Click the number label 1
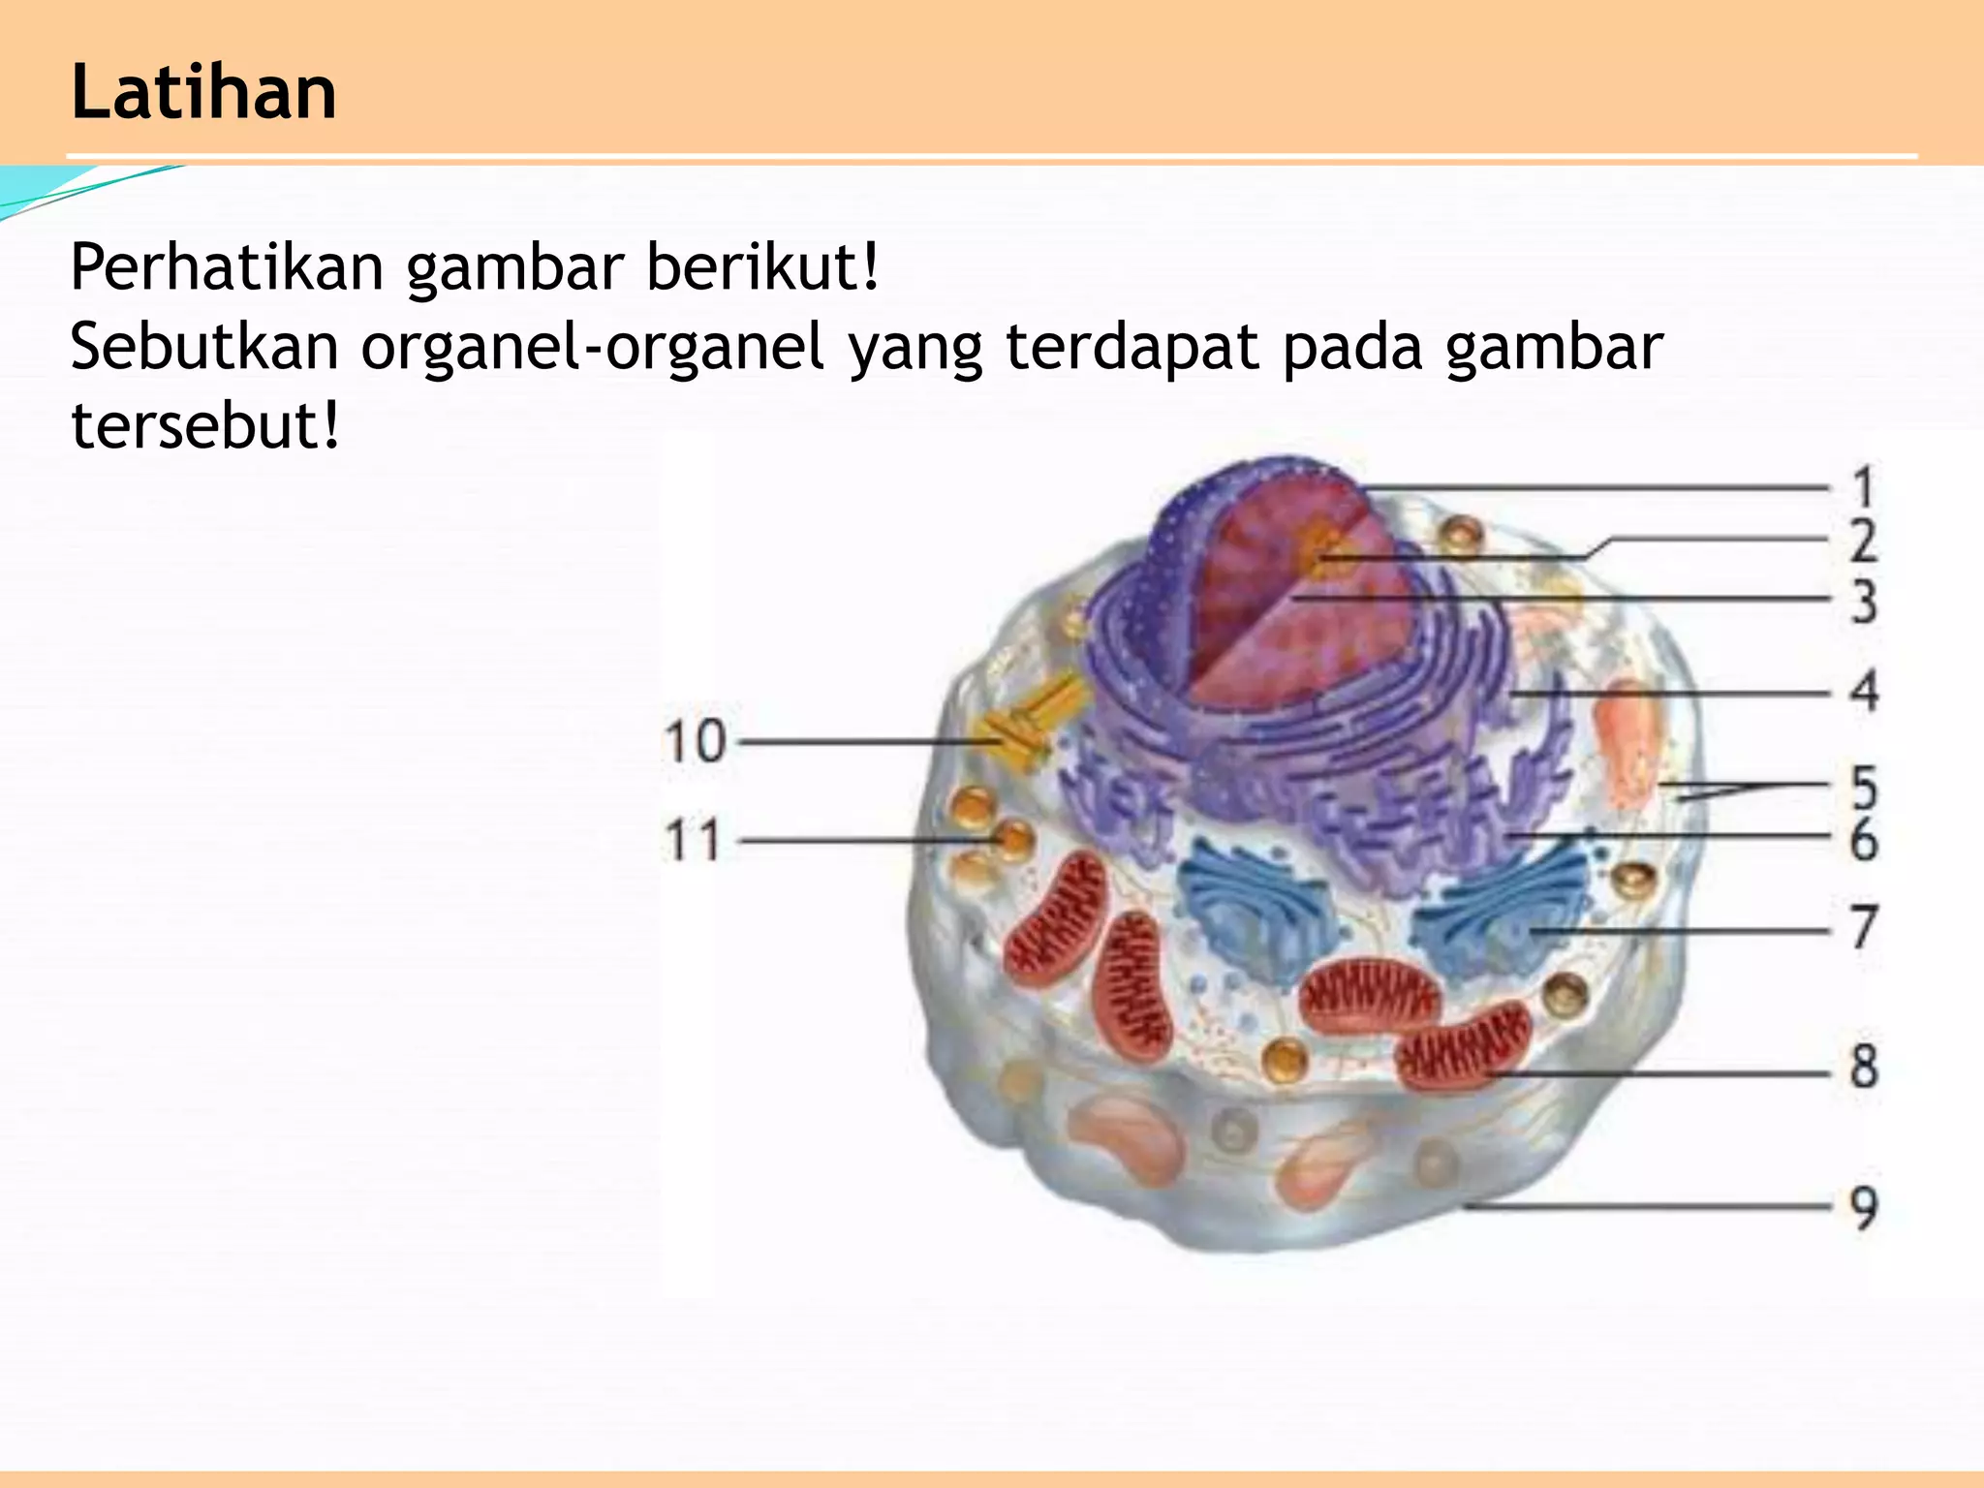click(1862, 487)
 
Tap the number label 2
click(1863, 541)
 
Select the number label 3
click(1863, 602)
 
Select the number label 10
click(695, 742)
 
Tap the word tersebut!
click(206, 425)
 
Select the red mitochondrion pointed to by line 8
click(1463, 1046)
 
